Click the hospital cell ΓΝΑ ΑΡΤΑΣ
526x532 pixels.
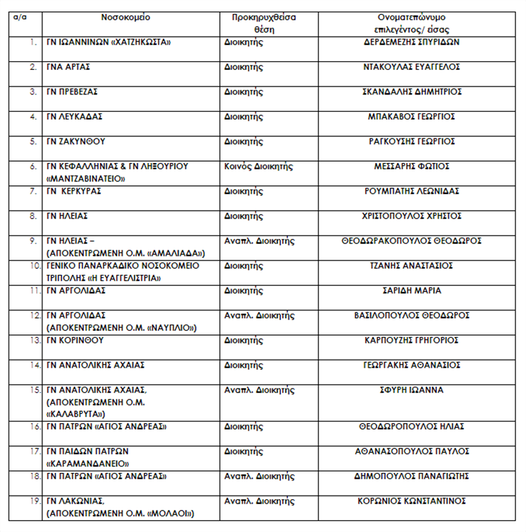tap(69, 67)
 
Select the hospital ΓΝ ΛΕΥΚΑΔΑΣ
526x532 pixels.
tap(75, 117)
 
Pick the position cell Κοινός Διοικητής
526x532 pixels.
tap(259, 166)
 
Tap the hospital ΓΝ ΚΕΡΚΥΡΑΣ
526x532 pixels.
tap(75, 191)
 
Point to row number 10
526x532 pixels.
tap(33, 266)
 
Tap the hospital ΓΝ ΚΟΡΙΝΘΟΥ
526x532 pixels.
tap(76, 341)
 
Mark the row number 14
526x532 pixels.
tap(33, 365)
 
